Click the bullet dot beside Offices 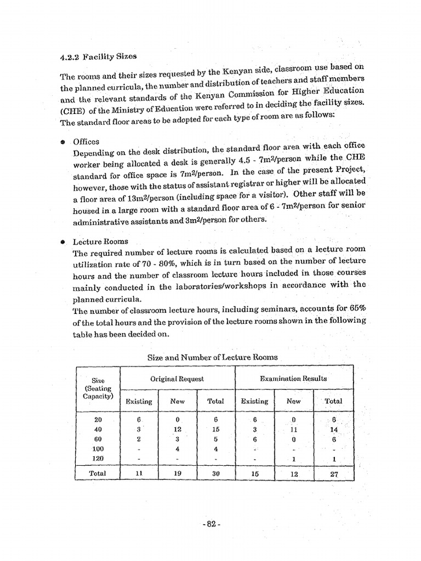(x=63, y=142)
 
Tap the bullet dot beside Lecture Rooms (x=63, y=241)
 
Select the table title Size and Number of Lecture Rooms (x=213, y=357)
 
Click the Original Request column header (x=177, y=379)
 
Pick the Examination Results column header (x=293, y=379)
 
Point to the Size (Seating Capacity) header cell (x=98, y=388)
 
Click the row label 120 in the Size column (x=98, y=458)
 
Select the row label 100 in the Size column (x=98, y=449)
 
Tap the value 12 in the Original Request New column (x=178, y=430)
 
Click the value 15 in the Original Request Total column (x=215, y=430)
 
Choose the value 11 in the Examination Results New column (x=294, y=430)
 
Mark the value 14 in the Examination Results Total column (x=333, y=430)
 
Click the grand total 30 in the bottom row (x=215, y=473)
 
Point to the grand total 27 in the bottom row (x=334, y=473)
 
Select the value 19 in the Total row (x=178, y=473)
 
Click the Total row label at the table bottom (x=98, y=473)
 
